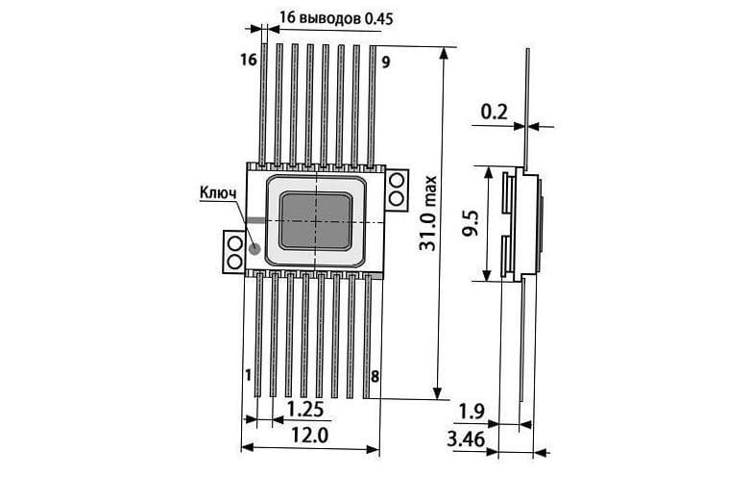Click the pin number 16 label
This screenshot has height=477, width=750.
click(x=249, y=60)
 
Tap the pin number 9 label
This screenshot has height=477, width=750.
click(x=385, y=63)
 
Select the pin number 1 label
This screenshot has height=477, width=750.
click(x=248, y=375)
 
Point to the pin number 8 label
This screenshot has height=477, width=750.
click(x=375, y=377)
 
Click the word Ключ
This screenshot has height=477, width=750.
click(x=218, y=193)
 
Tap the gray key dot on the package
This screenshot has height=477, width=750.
click(x=254, y=248)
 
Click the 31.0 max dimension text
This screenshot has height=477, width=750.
click(x=428, y=213)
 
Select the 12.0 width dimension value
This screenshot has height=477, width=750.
click(x=309, y=436)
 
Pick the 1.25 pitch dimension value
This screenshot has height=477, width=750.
click(x=305, y=410)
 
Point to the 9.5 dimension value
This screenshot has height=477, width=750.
click(x=471, y=223)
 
